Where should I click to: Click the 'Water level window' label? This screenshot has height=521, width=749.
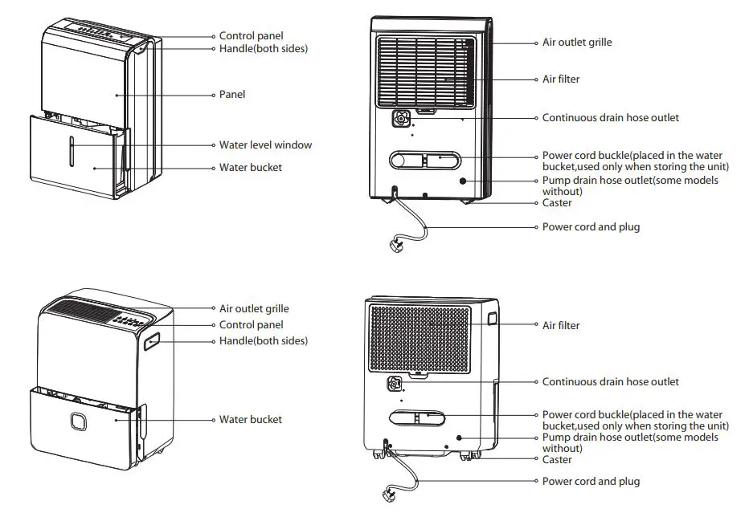tap(265, 145)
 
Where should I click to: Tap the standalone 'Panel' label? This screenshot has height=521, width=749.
tap(232, 95)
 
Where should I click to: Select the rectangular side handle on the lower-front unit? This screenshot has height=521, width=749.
tap(152, 344)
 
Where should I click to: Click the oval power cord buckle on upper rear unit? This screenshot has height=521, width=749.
tap(425, 159)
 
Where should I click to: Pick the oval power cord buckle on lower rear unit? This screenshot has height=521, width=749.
tap(418, 417)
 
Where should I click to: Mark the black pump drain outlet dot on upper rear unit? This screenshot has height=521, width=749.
tap(464, 181)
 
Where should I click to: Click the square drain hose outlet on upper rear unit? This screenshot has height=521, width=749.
tap(399, 119)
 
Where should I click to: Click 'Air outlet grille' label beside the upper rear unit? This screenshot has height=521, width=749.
tap(577, 42)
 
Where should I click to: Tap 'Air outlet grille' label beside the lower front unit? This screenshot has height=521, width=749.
tap(254, 308)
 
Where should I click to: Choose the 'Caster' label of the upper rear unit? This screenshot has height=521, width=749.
tap(557, 203)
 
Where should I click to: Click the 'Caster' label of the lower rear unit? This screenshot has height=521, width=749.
tap(557, 459)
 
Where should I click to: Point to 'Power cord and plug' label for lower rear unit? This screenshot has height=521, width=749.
tap(591, 482)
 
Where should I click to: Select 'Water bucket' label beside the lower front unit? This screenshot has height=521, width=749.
tap(251, 420)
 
